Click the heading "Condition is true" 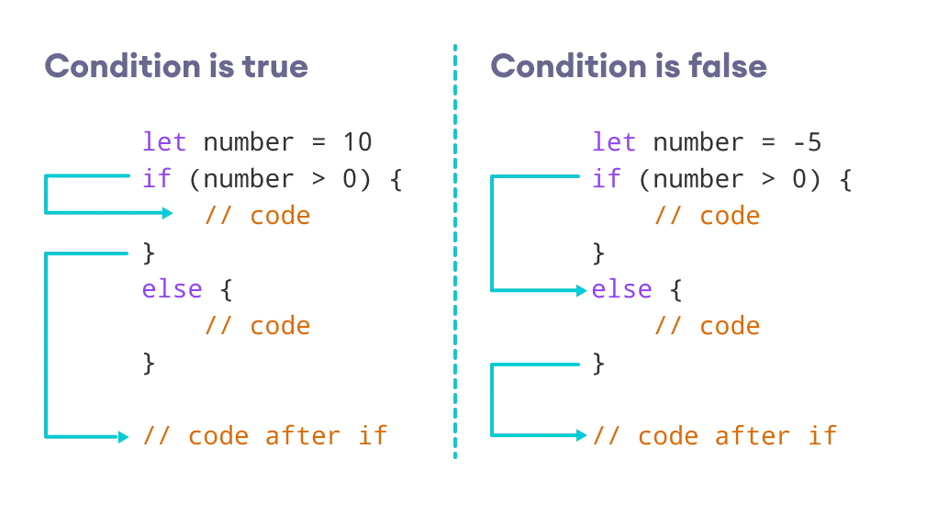click(176, 66)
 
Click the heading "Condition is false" click(629, 66)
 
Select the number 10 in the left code click(356, 142)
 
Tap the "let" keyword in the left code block click(164, 142)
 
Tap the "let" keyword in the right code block click(614, 142)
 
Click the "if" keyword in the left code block click(157, 178)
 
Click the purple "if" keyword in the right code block click(607, 178)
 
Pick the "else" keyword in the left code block click(172, 289)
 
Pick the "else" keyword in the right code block click(621, 289)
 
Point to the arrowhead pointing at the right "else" click(581, 290)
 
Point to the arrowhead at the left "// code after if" click(124, 436)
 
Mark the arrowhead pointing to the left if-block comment click(168, 214)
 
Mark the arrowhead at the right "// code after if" click(581, 435)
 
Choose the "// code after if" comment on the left click(264, 435)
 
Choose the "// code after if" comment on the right click(714, 435)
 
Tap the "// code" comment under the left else click(257, 326)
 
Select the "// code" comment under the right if click(707, 216)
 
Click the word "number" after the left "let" click(248, 142)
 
